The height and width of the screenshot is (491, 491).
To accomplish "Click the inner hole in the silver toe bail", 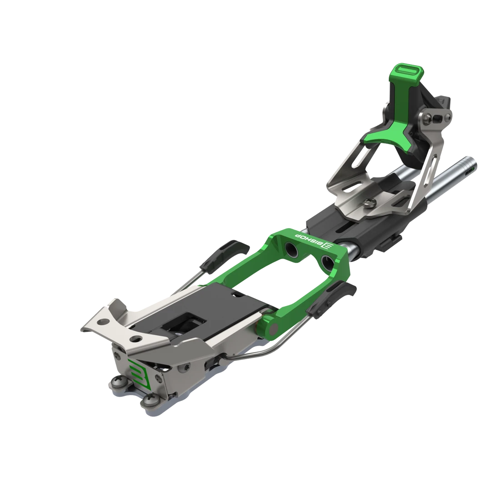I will [135, 339].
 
